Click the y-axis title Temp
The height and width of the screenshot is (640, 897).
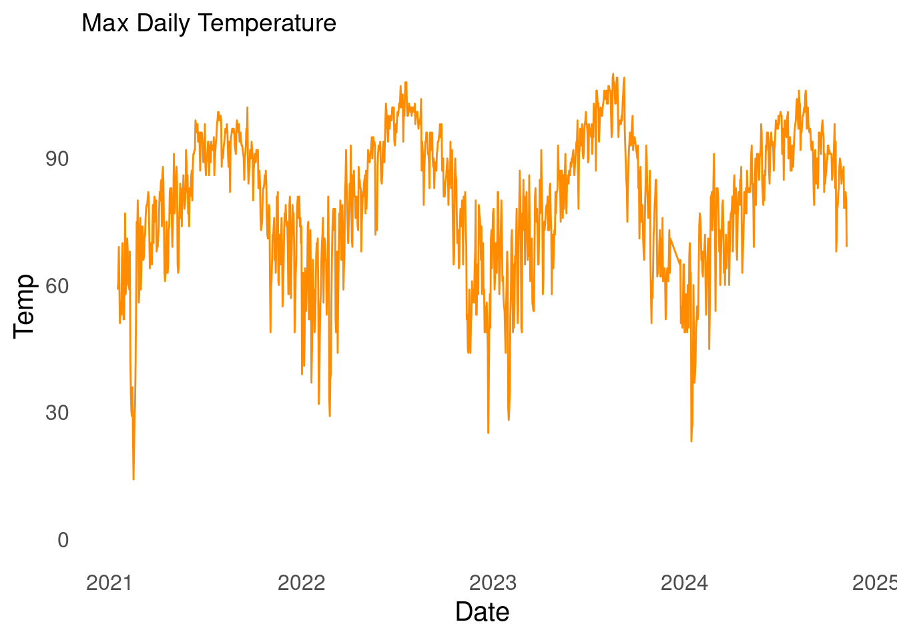[24, 306]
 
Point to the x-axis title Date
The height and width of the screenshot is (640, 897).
[482, 612]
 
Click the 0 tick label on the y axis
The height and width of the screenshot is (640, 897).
[63, 540]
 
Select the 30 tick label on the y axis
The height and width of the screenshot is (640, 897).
[57, 413]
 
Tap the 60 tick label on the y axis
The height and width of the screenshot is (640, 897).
[57, 286]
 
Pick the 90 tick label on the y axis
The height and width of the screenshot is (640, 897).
[57, 159]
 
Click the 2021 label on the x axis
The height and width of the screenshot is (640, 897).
[109, 583]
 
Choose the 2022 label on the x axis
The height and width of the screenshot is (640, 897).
[301, 583]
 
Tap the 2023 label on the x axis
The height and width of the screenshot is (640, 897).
[493, 583]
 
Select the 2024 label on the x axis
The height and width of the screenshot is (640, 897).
[684, 583]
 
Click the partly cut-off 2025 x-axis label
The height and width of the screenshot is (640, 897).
[875, 583]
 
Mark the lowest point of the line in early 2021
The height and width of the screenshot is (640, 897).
[133, 479]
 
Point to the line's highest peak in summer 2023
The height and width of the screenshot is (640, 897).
[613, 74]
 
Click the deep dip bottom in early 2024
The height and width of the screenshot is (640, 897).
[691, 441]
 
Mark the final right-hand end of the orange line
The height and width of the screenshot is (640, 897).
[846, 246]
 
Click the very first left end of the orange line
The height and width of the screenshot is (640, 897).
[117, 289]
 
